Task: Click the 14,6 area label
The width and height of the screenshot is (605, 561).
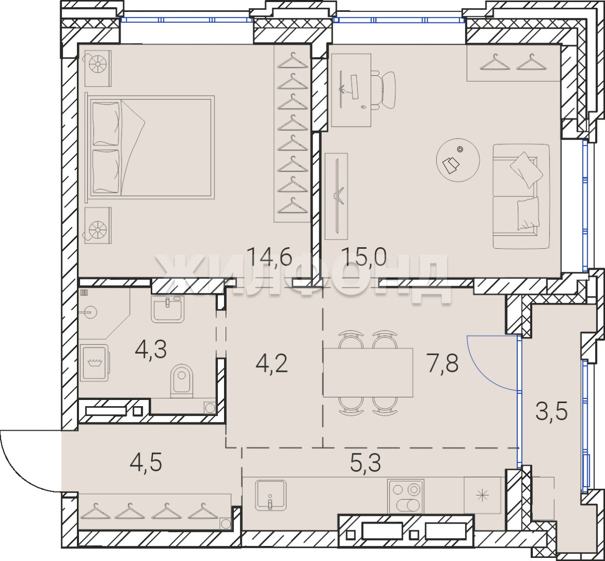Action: coord(269,257)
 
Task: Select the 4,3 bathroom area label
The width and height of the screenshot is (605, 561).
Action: coord(151,350)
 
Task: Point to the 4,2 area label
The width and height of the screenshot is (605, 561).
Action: coord(272,364)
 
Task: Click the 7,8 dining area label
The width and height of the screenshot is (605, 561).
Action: coord(442,364)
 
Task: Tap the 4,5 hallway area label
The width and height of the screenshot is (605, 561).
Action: coord(146,462)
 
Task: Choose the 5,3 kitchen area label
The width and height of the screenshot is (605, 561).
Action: coord(365,463)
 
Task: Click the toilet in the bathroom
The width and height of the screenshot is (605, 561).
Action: coord(182,381)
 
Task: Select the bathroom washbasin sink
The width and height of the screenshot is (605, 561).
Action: coord(167,309)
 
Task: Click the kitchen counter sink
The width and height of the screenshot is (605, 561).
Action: coord(271,495)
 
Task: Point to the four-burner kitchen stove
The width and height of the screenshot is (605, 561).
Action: coord(406,497)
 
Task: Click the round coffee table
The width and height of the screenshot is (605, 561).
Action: coord(458,160)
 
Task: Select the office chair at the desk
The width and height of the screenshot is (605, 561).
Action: coord(384,90)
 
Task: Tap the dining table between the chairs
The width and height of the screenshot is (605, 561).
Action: coord(368,372)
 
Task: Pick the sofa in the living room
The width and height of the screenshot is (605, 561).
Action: coord(521,196)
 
